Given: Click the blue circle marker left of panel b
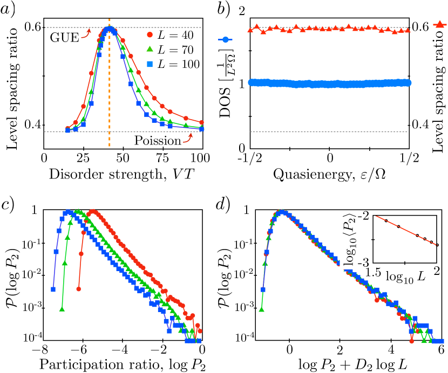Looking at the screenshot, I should pos(226,39).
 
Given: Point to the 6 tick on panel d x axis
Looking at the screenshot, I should pos(441,349).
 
